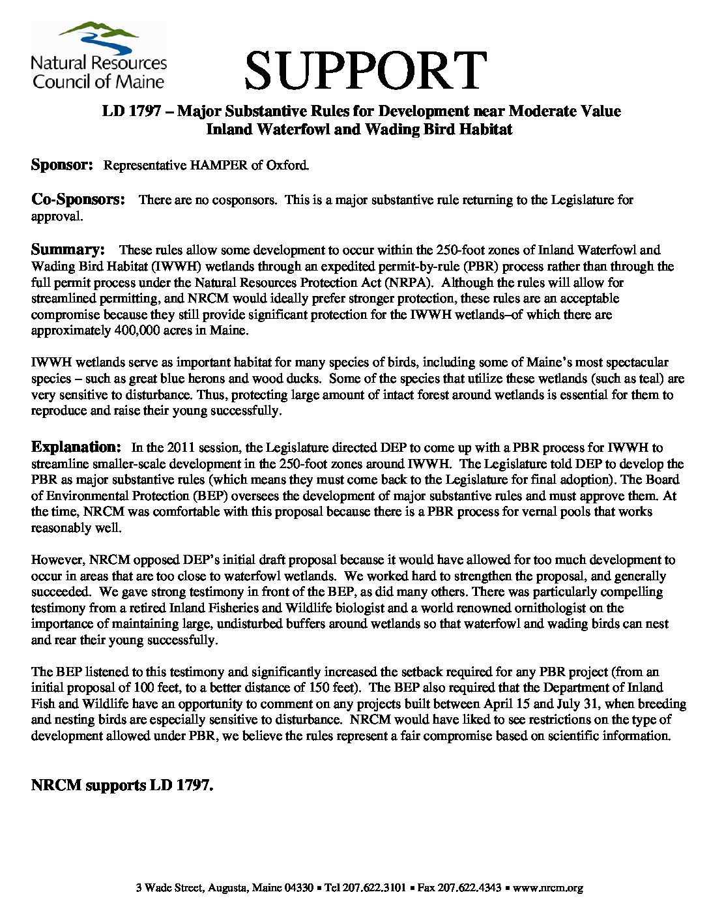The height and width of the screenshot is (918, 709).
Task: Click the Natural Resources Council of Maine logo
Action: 98,56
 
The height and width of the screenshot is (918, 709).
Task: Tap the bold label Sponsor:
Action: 63,165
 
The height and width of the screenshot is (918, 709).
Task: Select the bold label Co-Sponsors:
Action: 78,200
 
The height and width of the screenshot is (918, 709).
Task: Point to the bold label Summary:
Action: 68,250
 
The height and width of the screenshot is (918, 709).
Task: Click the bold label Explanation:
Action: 76,447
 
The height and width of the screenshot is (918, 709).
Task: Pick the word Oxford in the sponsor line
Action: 287,166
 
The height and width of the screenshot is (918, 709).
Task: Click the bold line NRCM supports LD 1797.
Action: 123,786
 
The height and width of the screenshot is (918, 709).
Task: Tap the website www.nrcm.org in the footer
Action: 548,887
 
